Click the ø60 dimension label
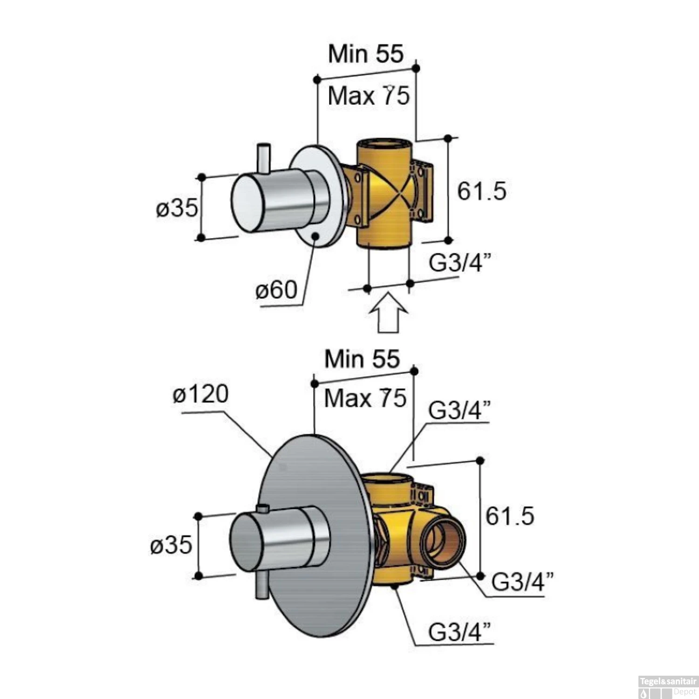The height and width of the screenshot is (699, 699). click(276, 290)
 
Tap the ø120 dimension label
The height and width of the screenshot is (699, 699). click(200, 394)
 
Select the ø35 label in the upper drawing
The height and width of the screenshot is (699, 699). click(177, 208)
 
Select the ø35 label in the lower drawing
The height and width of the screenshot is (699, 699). click(171, 544)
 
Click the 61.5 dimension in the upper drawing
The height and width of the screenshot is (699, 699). click(481, 191)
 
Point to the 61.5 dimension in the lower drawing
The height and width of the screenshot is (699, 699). click(510, 516)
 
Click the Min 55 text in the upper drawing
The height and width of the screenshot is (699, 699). click(365, 54)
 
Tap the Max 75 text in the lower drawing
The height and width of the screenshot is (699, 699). click(365, 398)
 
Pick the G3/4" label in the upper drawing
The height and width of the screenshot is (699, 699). click(460, 263)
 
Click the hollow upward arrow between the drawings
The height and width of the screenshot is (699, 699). click(389, 312)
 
